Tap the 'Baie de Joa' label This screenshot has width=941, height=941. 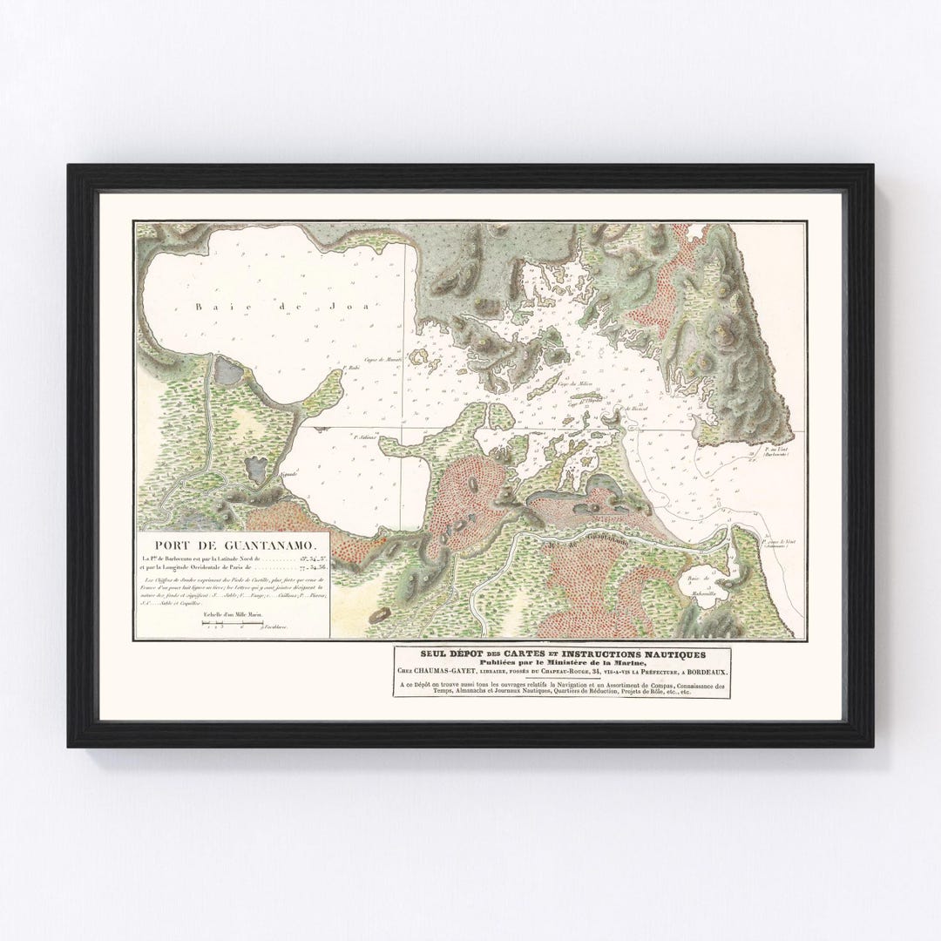coord(246,306)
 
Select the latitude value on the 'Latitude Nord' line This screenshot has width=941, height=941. coord(308,558)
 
